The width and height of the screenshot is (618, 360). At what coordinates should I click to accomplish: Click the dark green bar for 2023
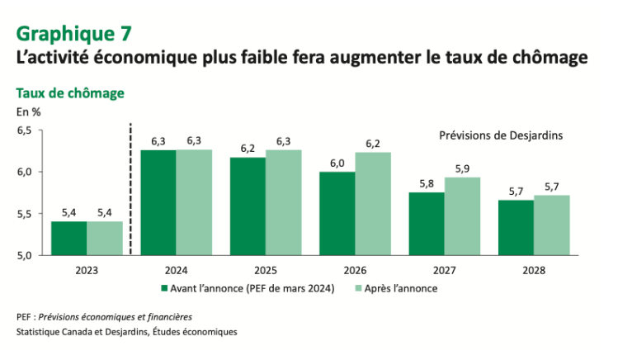coord(68,238)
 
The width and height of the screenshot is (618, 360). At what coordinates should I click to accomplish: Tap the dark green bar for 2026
coord(337,213)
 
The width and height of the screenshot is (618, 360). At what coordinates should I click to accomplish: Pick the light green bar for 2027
coord(462,216)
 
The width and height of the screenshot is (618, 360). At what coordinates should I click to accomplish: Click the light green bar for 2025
coord(283,202)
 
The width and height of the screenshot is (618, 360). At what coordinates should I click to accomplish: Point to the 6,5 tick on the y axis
coord(24,130)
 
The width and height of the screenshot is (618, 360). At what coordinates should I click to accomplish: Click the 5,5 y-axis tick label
coord(24,214)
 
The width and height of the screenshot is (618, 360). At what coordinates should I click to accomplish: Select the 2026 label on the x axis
coord(355,269)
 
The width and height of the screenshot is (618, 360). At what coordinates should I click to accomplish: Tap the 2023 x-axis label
coord(87,269)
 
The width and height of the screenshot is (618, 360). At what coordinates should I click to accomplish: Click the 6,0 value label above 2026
coord(337,163)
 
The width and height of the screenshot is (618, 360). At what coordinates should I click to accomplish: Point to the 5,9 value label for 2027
coord(462,169)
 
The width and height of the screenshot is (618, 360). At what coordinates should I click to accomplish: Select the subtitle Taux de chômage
coord(70,93)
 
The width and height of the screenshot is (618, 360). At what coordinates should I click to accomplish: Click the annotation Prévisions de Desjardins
coord(498,135)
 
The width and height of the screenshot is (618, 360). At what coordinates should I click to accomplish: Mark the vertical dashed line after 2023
coord(131,190)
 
